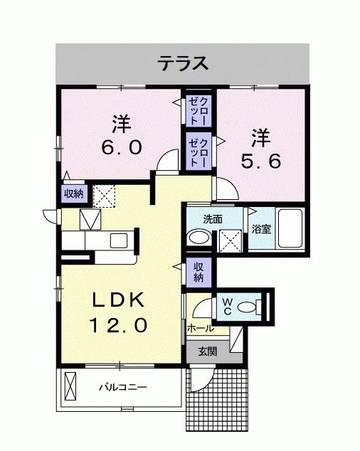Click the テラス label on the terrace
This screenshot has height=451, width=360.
click(x=184, y=63)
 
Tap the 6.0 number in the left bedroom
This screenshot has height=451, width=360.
click(x=121, y=147)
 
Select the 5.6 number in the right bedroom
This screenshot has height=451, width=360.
click(x=260, y=161)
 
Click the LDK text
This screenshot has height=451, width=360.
click(x=118, y=301)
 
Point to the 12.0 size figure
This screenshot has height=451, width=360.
click(x=118, y=325)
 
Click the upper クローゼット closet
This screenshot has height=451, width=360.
click(x=198, y=111)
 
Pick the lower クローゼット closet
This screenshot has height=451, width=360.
click(x=198, y=151)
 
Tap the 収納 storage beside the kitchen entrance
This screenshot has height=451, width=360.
click(x=74, y=193)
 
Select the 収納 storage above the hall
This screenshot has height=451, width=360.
click(x=198, y=272)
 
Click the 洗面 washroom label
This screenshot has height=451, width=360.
click(x=213, y=219)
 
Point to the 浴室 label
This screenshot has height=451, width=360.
click(x=262, y=229)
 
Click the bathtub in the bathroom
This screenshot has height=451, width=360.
click(x=291, y=228)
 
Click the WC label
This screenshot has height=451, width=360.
click(x=228, y=307)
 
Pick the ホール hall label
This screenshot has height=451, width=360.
click(x=201, y=328)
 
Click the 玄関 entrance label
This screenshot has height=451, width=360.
click(x=207, y=351)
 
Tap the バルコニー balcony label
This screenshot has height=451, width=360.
click(x=123, y=387)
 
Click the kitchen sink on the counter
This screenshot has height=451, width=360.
click(x=119, y=240)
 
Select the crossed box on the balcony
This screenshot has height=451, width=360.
click(x=70, y=386)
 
